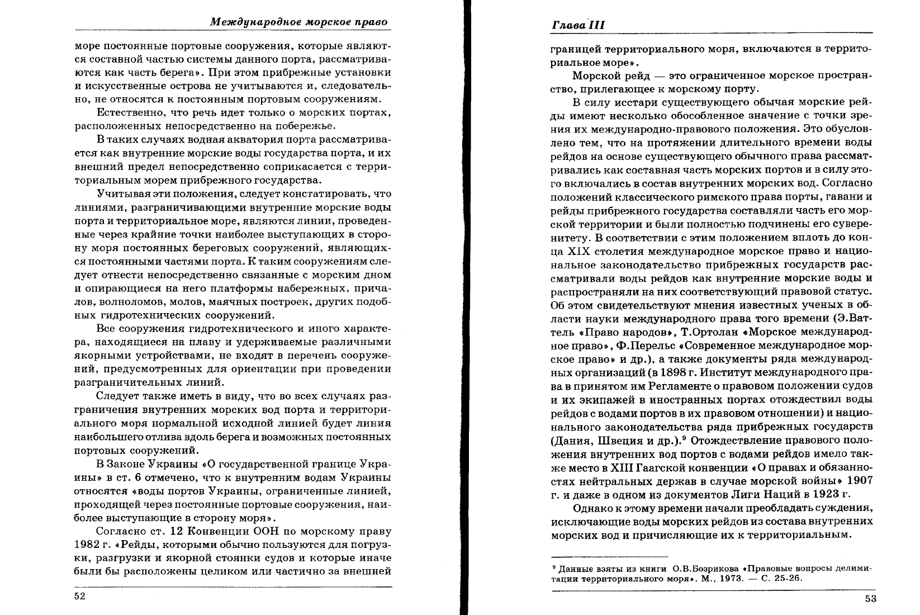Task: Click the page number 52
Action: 79,596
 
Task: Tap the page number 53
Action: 870,599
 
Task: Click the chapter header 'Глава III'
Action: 578,26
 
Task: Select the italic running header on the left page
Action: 299,22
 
